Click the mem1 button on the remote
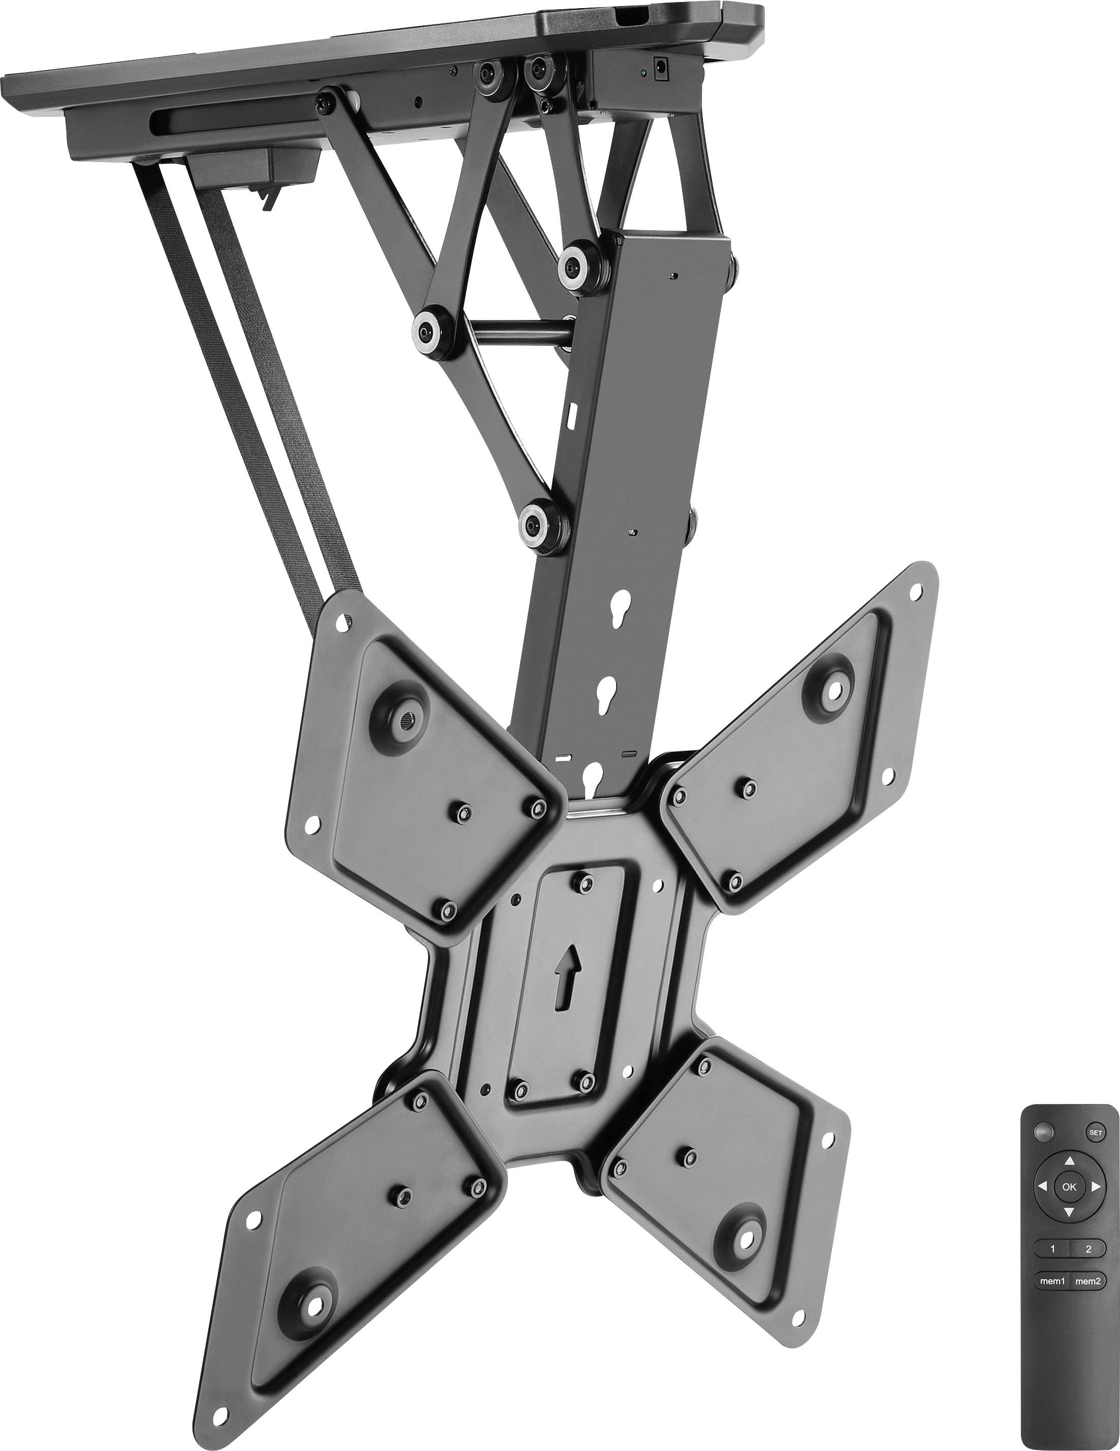[x=1051, y=1281]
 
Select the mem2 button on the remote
[x=1087, y=1281]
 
